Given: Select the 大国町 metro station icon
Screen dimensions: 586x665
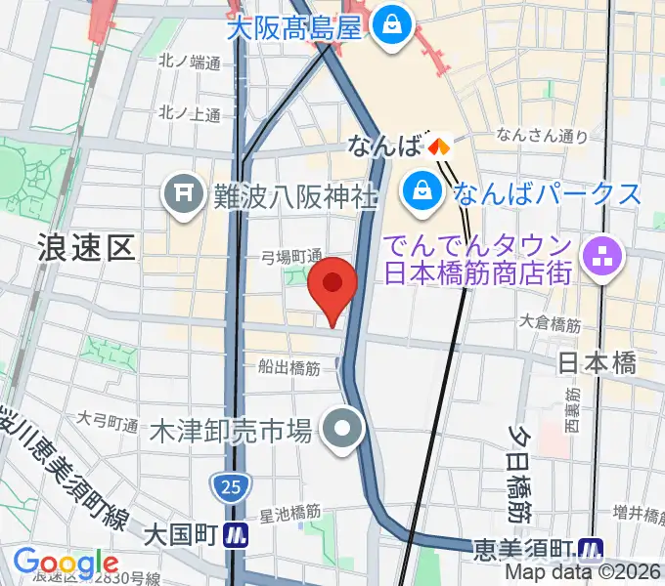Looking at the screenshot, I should (235, 535).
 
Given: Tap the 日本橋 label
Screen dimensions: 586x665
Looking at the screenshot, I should (598, 363).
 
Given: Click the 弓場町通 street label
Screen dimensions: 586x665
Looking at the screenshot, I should (291, 256).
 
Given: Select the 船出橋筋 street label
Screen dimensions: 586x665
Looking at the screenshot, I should (288, 367).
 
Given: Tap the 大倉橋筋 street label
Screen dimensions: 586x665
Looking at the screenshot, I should (552, 320).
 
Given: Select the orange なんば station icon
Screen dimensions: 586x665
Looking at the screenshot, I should (437, 146).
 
